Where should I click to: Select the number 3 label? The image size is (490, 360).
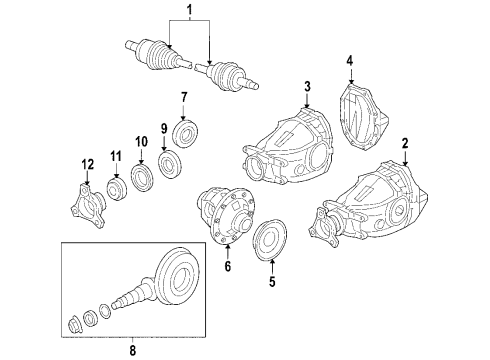[308, 86]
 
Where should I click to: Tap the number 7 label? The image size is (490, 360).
[184, 97]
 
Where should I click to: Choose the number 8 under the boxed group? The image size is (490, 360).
[133, 350]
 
